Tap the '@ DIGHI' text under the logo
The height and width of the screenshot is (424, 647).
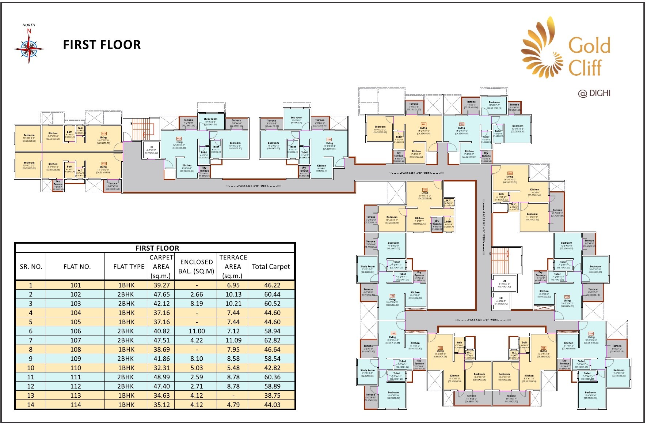pos(594,93)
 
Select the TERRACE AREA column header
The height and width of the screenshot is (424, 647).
pos(233,266)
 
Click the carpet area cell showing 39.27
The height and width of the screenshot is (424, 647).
pos(161,285)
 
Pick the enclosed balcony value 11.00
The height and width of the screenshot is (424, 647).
pos(197,331)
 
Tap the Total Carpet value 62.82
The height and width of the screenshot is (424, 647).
pos(272,340)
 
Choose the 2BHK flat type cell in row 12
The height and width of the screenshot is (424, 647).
pos(126,386)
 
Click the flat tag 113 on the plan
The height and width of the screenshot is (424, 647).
pos(104,134)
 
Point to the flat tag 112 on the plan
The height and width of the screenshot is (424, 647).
pos(179,139)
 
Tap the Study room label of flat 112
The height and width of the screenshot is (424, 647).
pos(210,119)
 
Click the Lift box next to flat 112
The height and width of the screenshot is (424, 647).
pos(151,150)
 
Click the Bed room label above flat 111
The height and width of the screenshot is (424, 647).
pos(296,118)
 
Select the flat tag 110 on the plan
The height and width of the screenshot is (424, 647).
pos(423,124)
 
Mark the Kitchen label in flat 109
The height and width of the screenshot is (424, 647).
pos(469,151)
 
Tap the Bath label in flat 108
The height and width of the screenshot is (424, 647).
pos(501,194)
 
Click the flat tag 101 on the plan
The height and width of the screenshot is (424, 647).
pos(425,190)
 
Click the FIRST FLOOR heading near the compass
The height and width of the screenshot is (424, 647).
pos(102,45)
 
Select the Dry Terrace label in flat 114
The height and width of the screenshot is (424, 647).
pos(58,183)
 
